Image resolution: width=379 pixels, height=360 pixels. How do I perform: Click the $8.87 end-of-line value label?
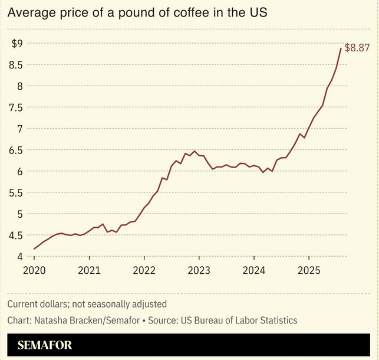pyautogui.click(x=357, y=48)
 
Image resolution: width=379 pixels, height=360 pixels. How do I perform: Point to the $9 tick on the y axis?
pyautogui.click(x=17, y=43)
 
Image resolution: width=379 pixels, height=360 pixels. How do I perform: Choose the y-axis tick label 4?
pyautogui.click(x=19, y=257)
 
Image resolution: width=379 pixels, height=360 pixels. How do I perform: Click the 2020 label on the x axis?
pyautogui.click(x=34, y=271)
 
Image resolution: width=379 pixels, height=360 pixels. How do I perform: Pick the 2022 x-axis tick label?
pyautogui.click(x=144, y=271)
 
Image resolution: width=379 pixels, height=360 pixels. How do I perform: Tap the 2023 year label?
pyautogui.click(x=199, y=271)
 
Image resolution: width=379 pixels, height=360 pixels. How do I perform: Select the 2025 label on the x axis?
pyautogui.click(x=308, y=271)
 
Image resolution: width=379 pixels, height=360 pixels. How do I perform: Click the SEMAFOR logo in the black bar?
pyautogui.click(x=45, y=345)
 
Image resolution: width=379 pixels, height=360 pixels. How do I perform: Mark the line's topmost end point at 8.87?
pyautogui.click(x=341, y=48)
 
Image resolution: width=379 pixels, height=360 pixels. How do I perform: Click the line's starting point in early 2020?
pyautogui.click(x=34, y=249)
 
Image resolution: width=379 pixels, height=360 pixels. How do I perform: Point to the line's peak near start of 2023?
pyautogui.click(x=195, y=151)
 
